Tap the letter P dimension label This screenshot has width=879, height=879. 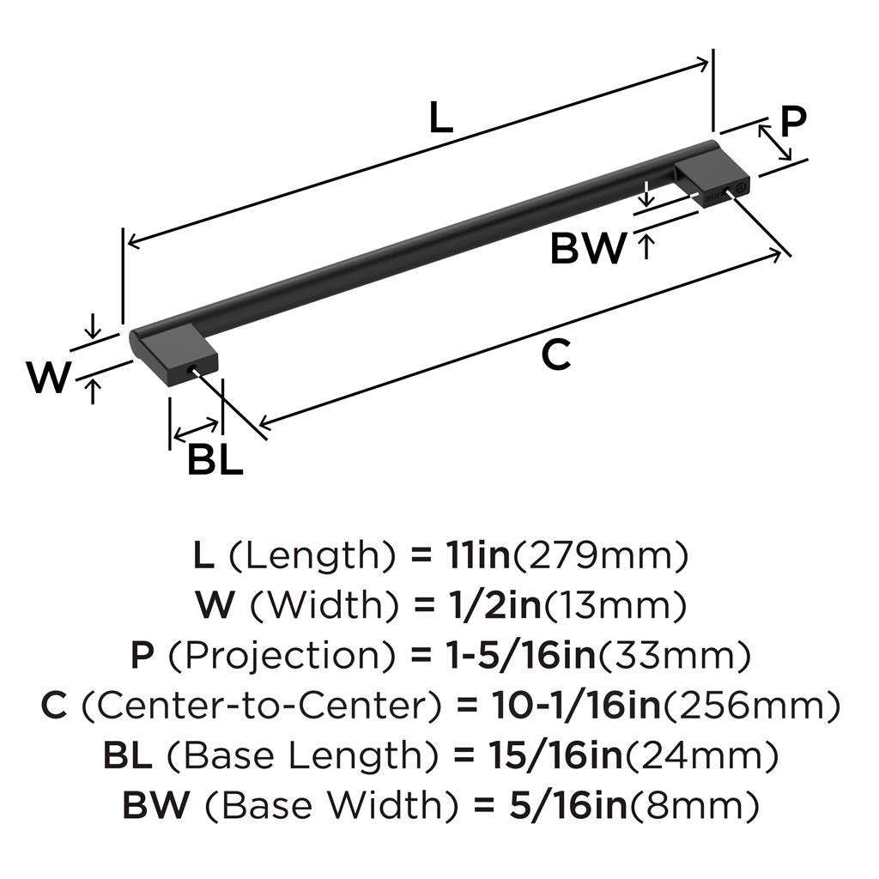793,121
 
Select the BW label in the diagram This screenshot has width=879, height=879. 588,248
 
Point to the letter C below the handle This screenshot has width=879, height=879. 556,355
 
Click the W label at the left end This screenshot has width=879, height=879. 49,378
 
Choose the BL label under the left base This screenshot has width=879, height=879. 215,460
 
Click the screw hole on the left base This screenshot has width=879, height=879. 193,369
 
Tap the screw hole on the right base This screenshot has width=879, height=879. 727,191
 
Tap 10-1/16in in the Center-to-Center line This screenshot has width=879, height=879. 576,705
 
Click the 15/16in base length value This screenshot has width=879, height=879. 555,755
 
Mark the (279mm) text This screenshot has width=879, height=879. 600,555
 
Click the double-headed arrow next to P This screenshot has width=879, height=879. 775,142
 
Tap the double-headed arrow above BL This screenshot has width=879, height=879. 196,429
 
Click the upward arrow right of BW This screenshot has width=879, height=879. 646,247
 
